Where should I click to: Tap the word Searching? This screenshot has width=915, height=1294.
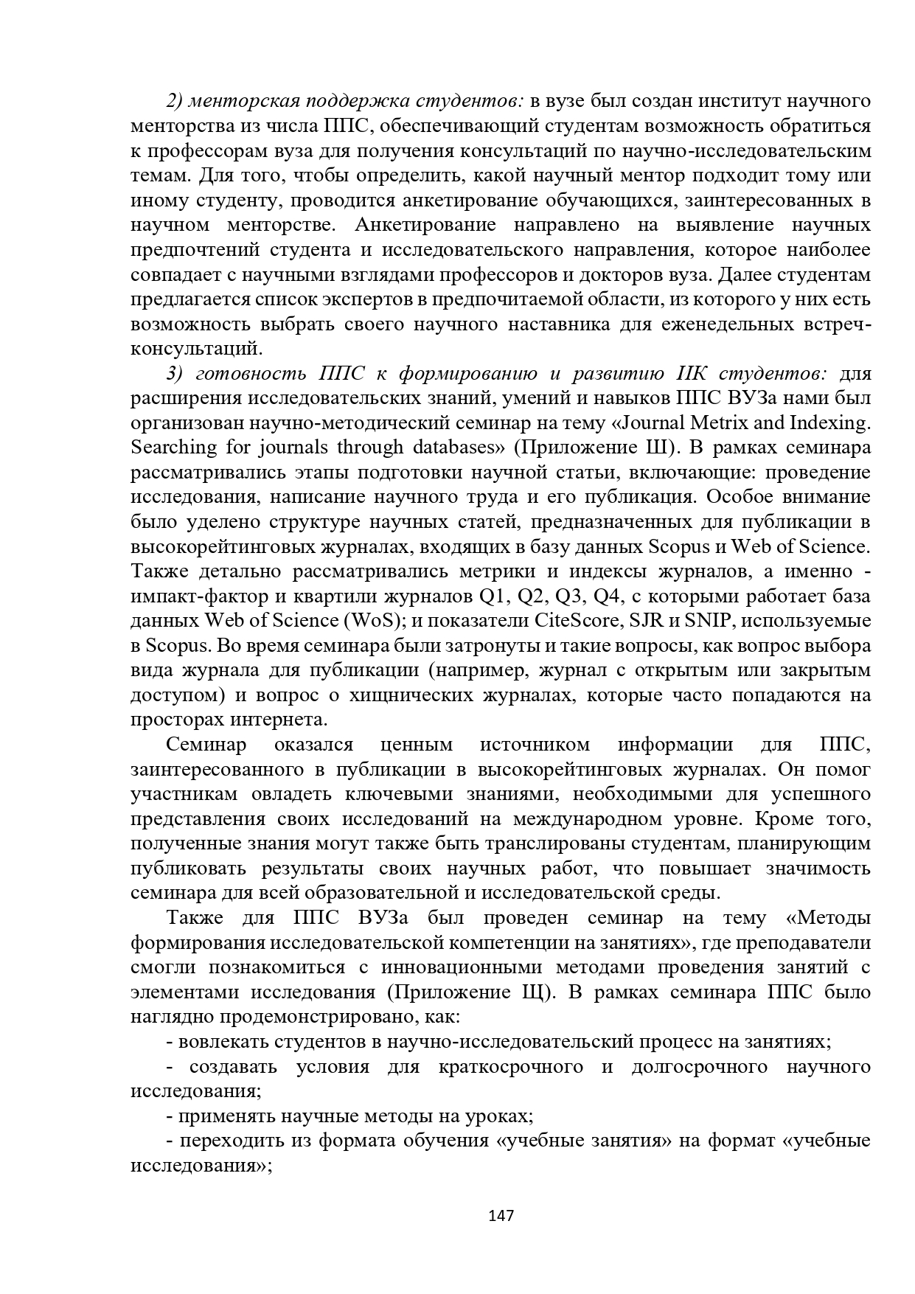click(x=174, y=448)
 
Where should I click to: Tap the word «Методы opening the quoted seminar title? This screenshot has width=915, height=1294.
click(x=829, y=918)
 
